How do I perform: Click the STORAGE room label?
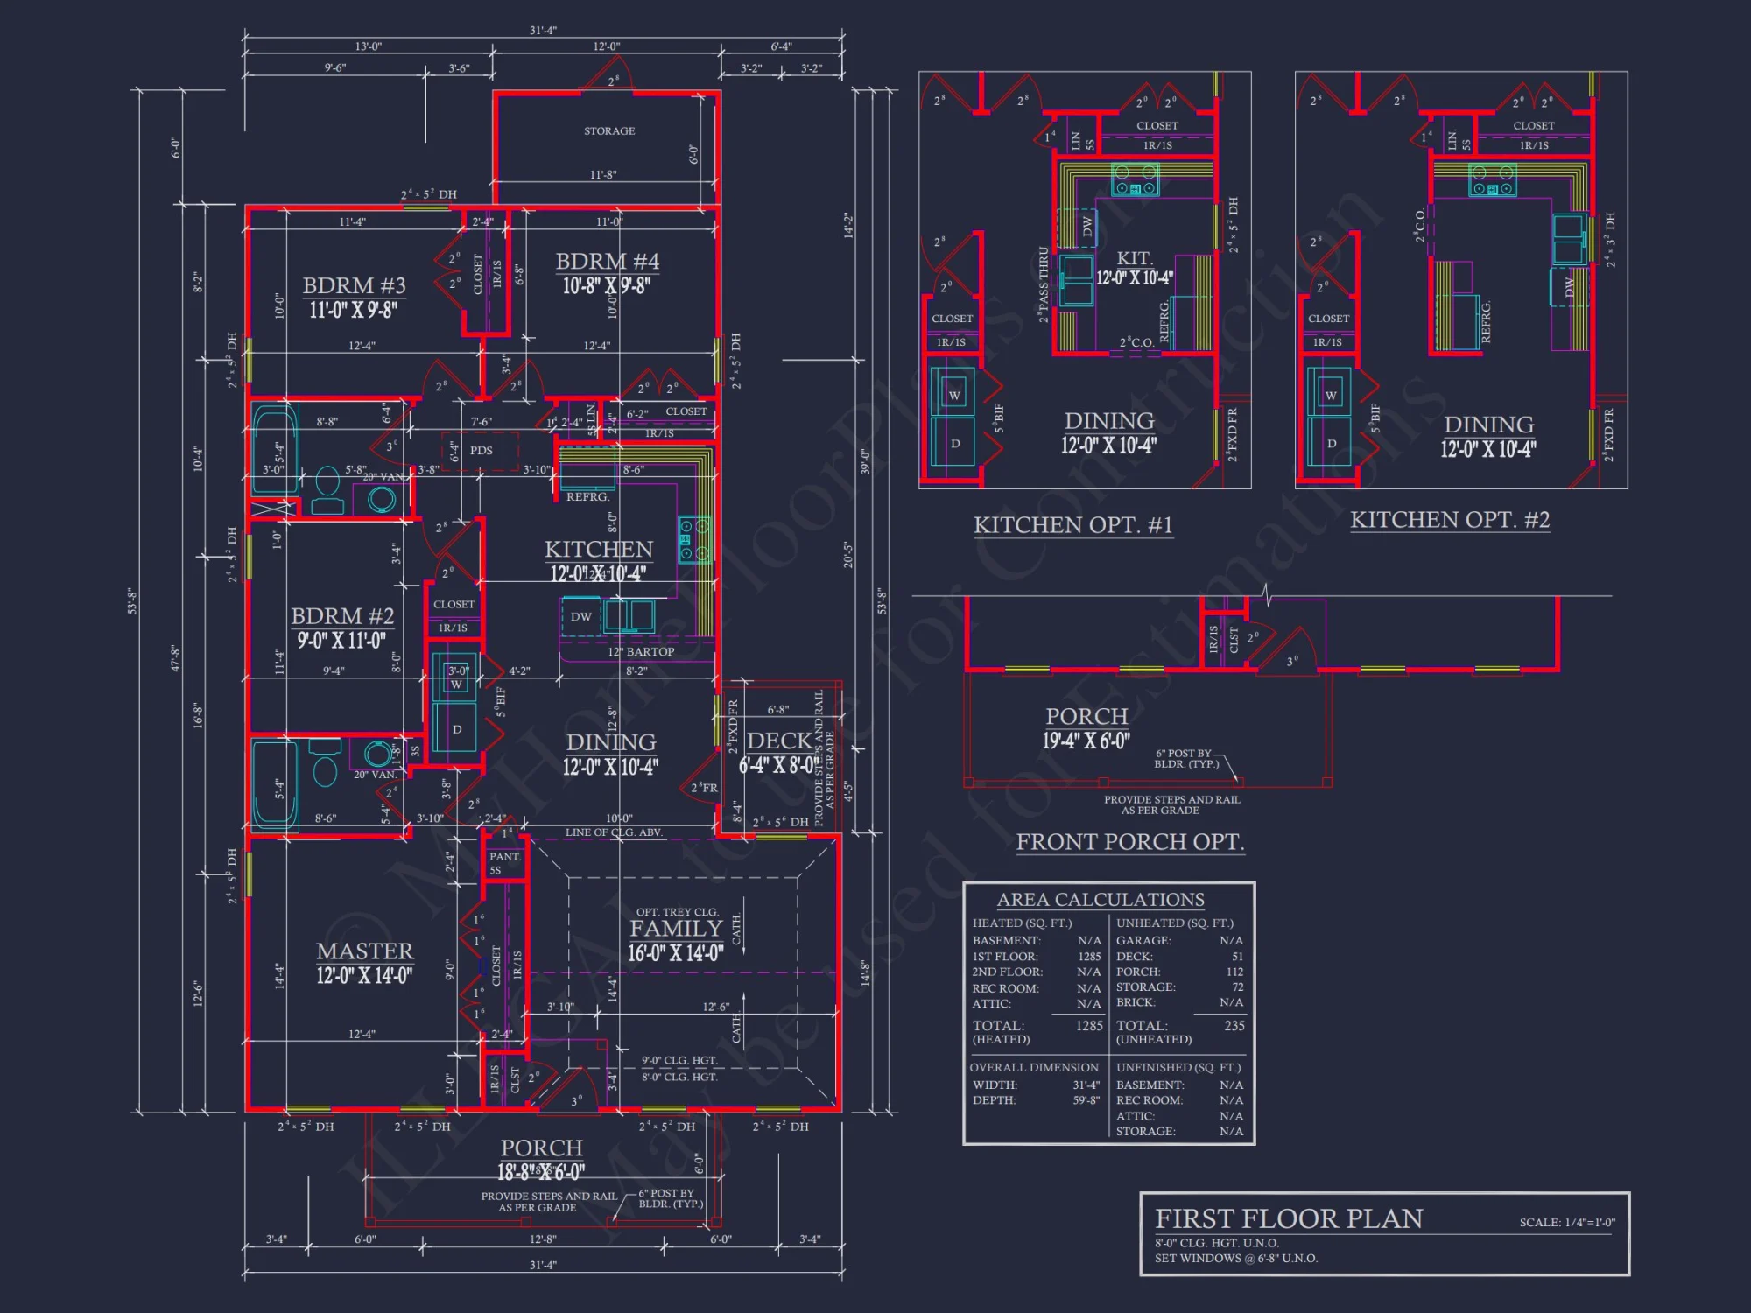click(x=609, y=131)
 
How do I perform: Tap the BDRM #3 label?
click(x=354, y=286)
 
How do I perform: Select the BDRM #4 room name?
click(x=607, y=262)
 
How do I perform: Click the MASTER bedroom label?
click(x=364, y=951)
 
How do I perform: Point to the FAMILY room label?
click(x=676, y=929)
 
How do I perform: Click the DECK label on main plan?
click(x=778, y=741)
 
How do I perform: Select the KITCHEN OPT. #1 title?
click(x=1072, y=525)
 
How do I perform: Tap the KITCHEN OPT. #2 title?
click(x=1449, y=520)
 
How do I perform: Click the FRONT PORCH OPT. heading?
click(x=1129, y=842)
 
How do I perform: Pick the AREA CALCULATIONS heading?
click(x=1100, y=900)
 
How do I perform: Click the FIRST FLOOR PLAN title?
click(x=1289, y=1218)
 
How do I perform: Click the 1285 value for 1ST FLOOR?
click(x=1089, y=957)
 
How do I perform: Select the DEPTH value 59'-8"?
click(x=1086, y=1100)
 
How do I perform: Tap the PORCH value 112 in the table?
click(x=1234, y=972)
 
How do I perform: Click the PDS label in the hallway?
click(x=481, y=451)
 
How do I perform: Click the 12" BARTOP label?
click(x=641, y=652)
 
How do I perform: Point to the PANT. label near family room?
click(x=504, y=857)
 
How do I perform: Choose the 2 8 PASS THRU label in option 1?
click(x=1043, y=284)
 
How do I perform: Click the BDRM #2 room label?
click(x=342, y=616)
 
